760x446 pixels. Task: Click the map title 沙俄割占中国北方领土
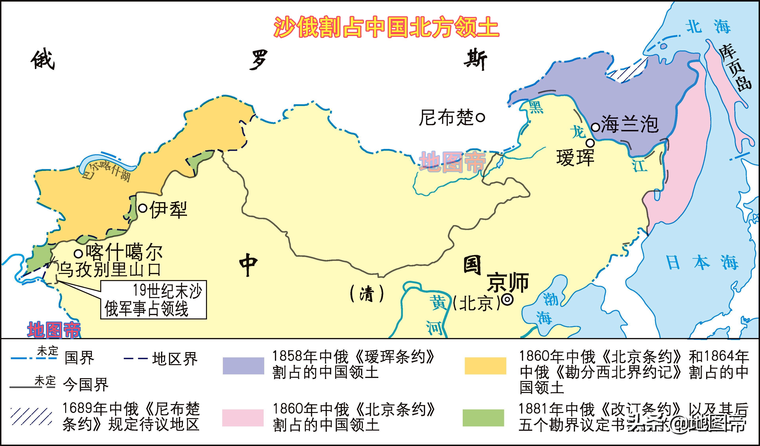click(386, 27)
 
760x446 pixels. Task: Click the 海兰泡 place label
click(629, 124)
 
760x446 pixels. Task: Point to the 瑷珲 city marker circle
click(590, 143)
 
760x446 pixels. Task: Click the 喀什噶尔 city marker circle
click(78, 254)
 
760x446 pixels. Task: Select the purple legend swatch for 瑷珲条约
click(243, 366)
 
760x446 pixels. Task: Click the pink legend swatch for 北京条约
click(243, 418)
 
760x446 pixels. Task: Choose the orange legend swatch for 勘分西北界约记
click(485, 366)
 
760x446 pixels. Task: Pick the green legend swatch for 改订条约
click(483, 418)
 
